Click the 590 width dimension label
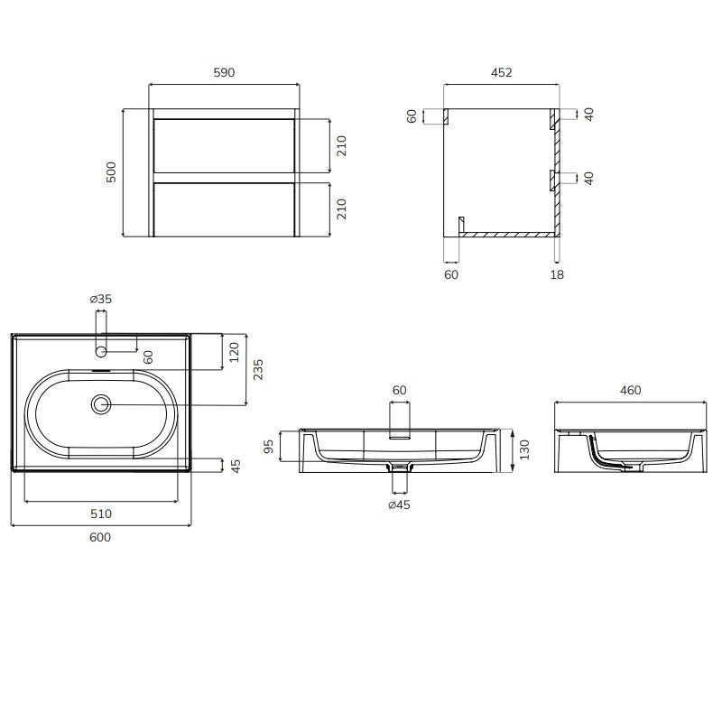click(224, 72)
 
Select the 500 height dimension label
click(111, 172)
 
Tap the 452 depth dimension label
click(502, 72)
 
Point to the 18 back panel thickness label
click(557, 274)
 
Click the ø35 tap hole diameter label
click(101, 299)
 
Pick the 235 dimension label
click(258, 369)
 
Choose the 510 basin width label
click(101, 514)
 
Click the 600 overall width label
click(100, 537)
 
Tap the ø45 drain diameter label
click(399, 504)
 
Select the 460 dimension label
click(630, 390)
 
